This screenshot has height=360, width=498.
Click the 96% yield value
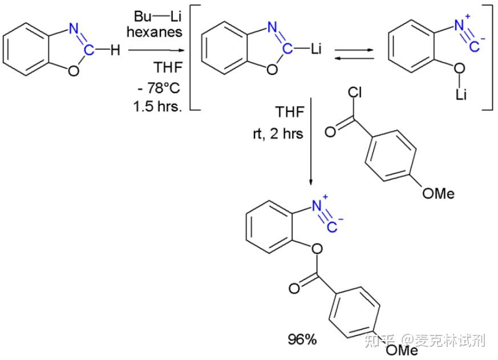[302, 340]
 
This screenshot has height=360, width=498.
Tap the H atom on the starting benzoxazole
[115, 51]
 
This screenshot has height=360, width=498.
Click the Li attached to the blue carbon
[318, 50]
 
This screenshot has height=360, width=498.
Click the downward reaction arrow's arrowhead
[311, 181]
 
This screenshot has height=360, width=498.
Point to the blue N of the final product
[317, 204]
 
